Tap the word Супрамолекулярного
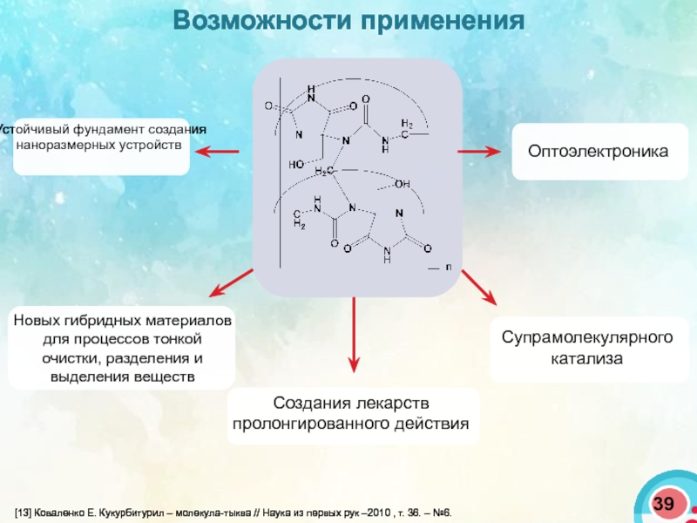click(x=587, y=336)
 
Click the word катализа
click(x=587, y=358)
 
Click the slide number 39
click(x=664, y=504)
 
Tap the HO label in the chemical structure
click(x=296, y=164)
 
